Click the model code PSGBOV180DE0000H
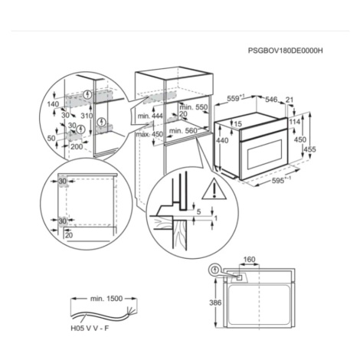pyautogui.click(x=286, y=51)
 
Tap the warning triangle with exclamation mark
pyautogui.click(x=214, y=189)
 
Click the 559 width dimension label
pyautogui.click(x=235, y=98)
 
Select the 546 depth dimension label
pyautogui.click(x=271, y=99)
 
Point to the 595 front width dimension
pyautogui.click(x=281, y=180)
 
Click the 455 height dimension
pyautogui.click(x=309, y=149)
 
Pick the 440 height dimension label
pyautogui.click(x=222, y=140)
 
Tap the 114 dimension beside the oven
pyautogui.click(x=295, y=122)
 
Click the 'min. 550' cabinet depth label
pyautogui.click(x=193, y=107)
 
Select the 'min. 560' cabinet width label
pyautogui.click(x=183, y=131)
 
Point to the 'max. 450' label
pyautogui.click(x=149, y=134)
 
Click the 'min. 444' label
pyautogui.click(x=150, y=116)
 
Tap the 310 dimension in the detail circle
pyautogui.click(x=87, y=116)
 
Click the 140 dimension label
pyautogui.click(x=53, y=104)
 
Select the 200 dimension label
pyautogui.click(x=77, y=146)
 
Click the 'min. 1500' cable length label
pyautogui.click(x=106, y=299)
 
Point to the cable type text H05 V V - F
pyautogui.click(x=90, y=329)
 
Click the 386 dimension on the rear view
pyautogui.click(x=215, y=303)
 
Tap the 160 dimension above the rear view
pyautogui.click(x=249, y=260)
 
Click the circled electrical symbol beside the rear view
pyautogui.click(x=215, y=270)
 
